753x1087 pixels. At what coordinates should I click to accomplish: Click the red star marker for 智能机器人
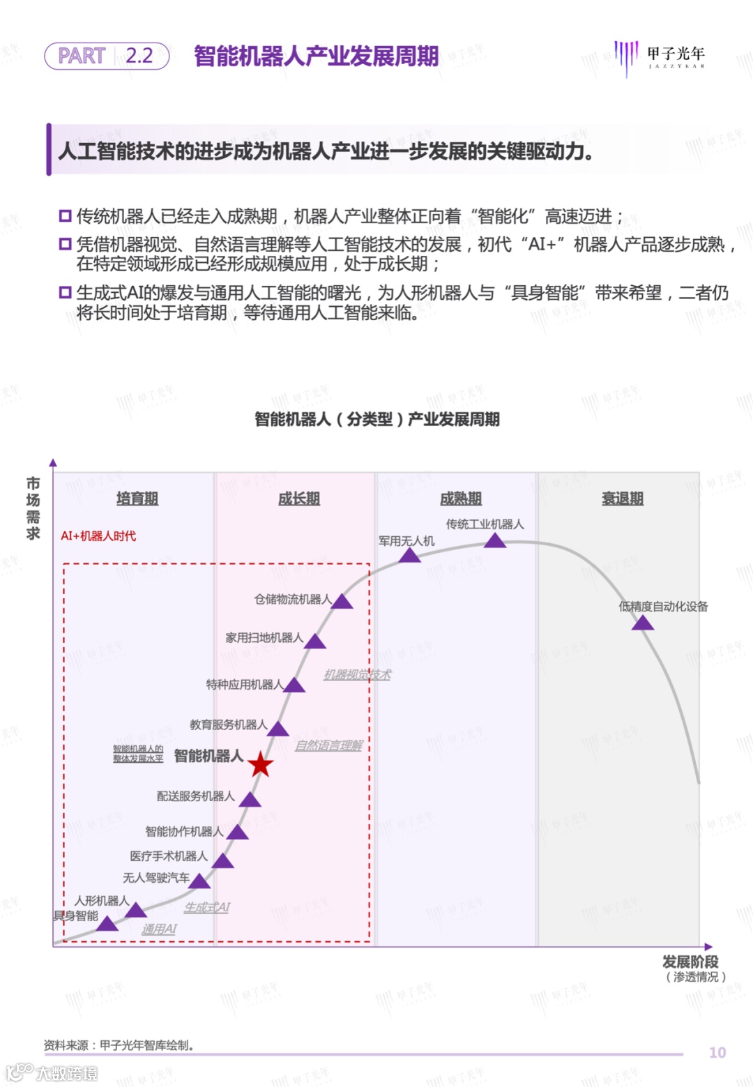click(x=261, y=765)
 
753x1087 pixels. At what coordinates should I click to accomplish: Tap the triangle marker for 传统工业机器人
click(x=495, y=541)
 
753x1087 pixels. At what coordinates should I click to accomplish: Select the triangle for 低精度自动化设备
click(x=642, y=623)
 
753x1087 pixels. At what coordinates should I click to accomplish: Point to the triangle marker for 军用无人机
click(x=409, y=556)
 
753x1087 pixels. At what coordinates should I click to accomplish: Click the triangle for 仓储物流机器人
click(x=342, y=602)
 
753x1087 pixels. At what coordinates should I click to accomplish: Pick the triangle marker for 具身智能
click(x=107, y=924)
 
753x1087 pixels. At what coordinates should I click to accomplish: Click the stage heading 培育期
click(x=137, y=499)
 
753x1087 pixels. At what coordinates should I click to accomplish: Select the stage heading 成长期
click(x=299, y=499)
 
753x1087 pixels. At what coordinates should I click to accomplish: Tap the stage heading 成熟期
click(x=461, y=499)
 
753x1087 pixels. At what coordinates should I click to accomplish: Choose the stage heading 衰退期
click(x=623, y=499)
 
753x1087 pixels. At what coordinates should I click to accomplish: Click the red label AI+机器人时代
click(x=98, y=535)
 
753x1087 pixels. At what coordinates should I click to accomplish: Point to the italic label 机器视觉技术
click(x=357, y=674)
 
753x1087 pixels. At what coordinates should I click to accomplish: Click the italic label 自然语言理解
click(x=328, y=745)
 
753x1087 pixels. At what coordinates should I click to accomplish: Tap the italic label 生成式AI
click(x=206, y=907)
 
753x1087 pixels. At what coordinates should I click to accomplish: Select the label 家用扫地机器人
click(x=264, y=637)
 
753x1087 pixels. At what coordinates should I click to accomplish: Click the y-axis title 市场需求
click(x=33, y=508)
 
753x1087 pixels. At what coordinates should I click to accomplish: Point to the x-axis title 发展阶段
click(x=690, y=961)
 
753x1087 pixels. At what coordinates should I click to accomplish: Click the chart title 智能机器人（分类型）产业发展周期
click(x=376, y=419)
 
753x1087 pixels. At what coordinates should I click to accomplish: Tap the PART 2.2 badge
click(x=107, y=56)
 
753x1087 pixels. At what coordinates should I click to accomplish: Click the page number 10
click(x=717, y=1052)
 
